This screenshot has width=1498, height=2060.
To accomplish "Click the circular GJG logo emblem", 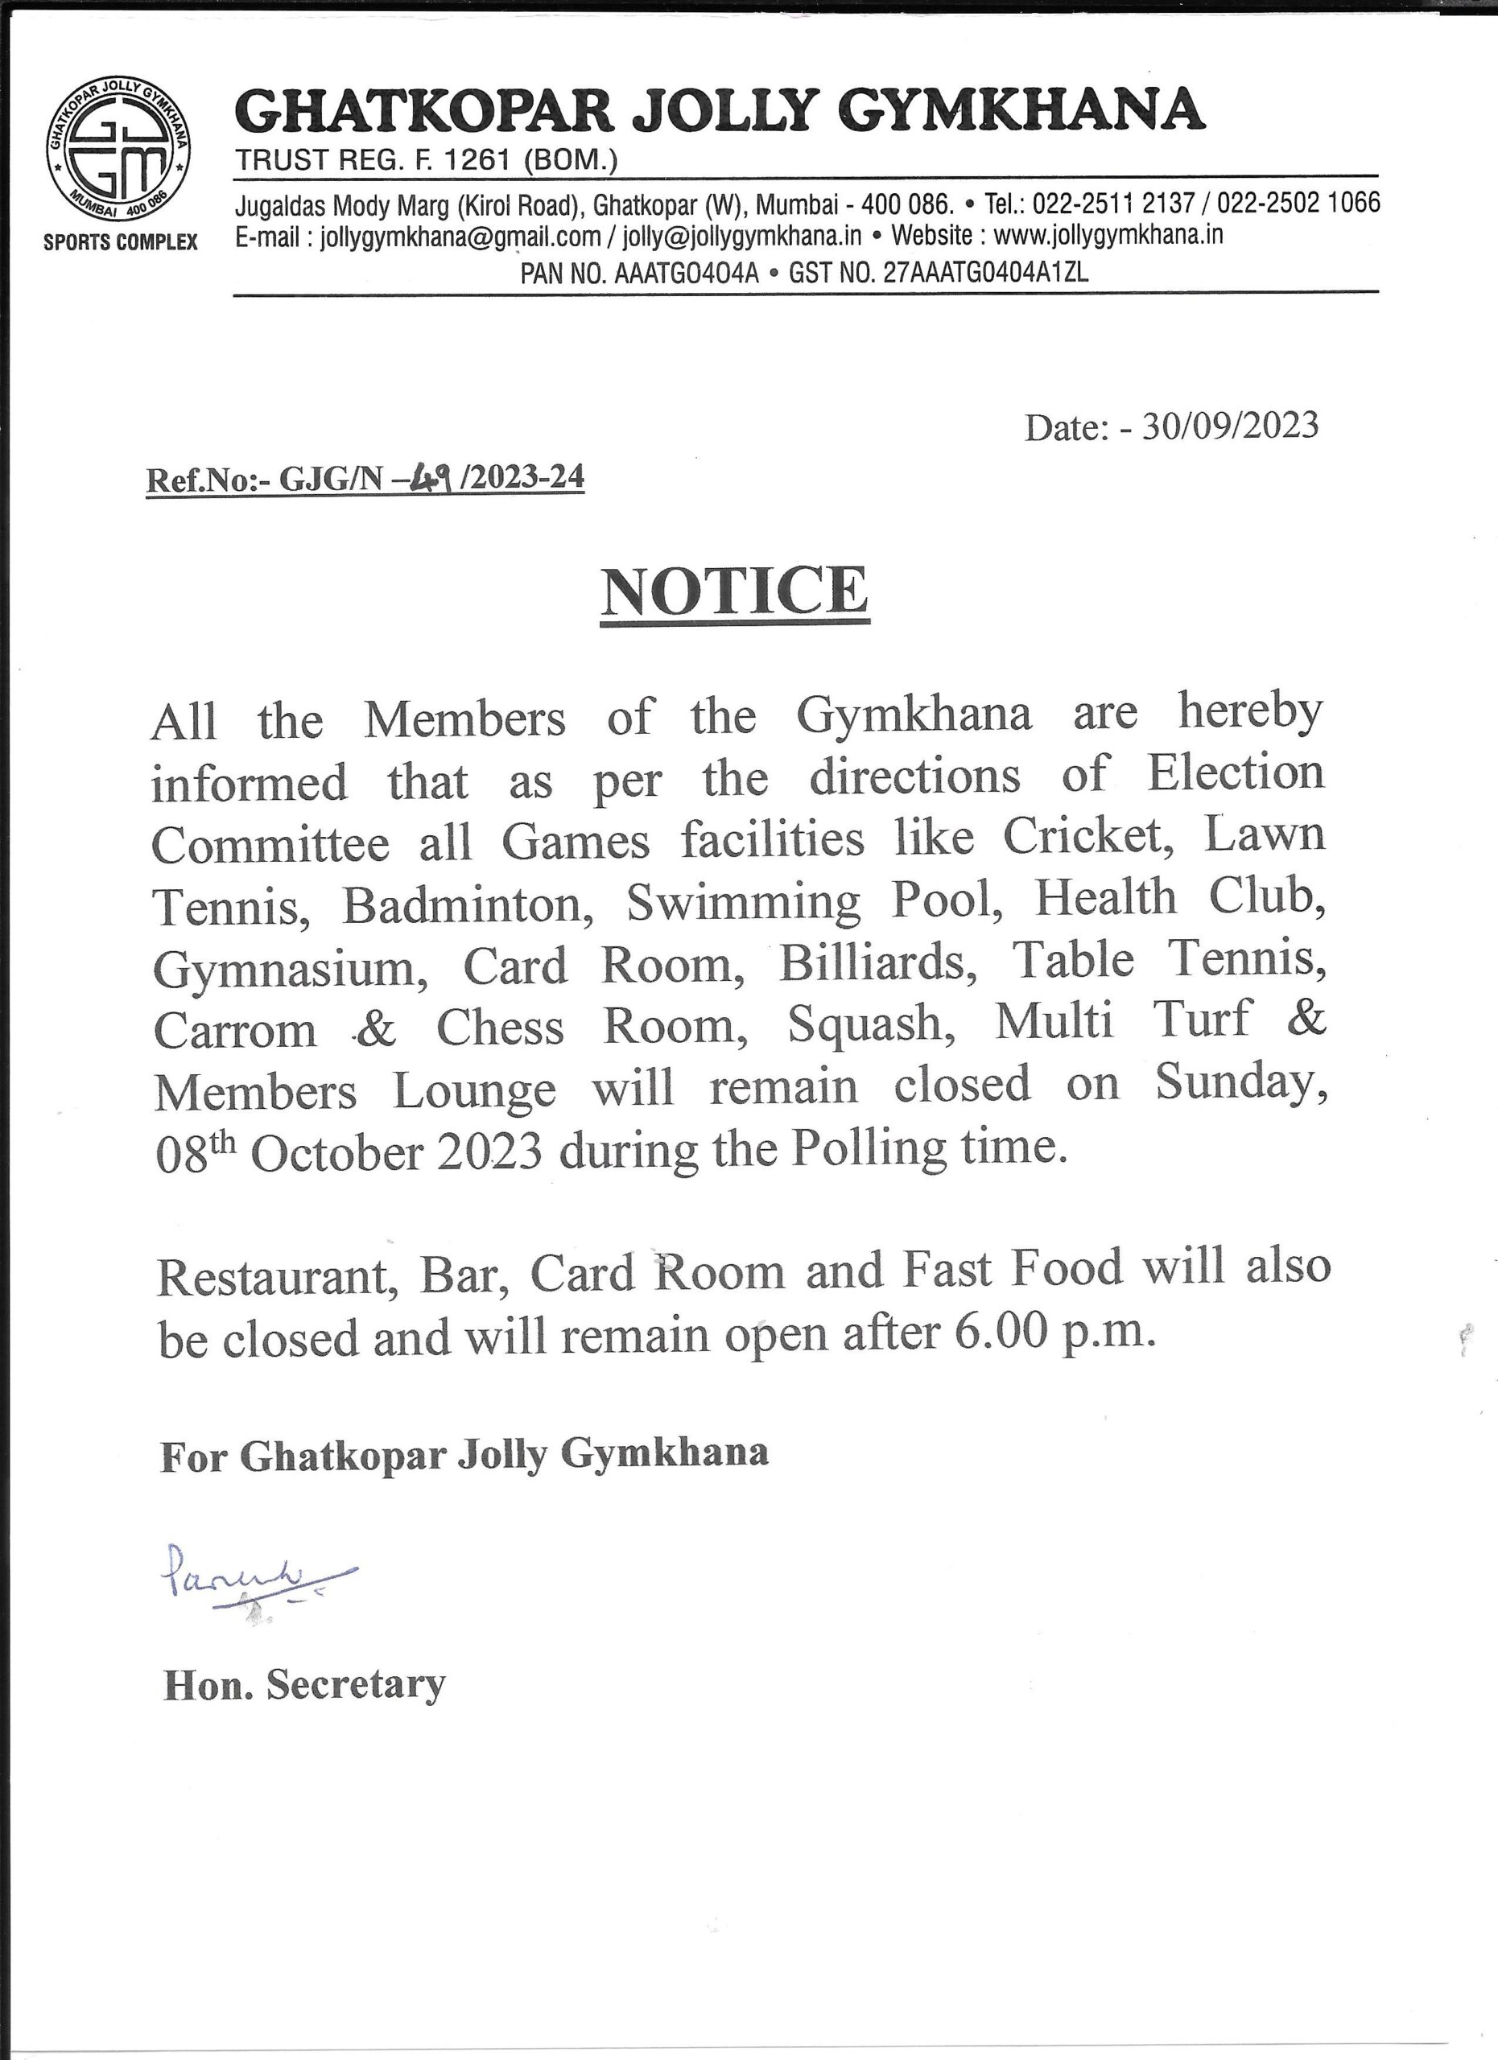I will pyautogui.click(x=118, y=152).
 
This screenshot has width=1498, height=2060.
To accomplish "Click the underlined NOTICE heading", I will pyautogui.click(x=735, y=591).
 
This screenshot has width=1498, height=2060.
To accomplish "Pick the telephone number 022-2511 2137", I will pyautogui.click(x=1114, y=203).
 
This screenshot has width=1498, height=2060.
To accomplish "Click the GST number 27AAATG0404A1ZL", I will pyautogui.click(x=984, y=273).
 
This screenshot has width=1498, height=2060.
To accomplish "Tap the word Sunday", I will pyautogui.click(x=1240, y=1084).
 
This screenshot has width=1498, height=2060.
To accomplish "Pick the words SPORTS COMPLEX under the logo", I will pyautogui.click(x=120, y=242).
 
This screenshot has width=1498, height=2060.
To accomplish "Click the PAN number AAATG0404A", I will pyautogui.click(x=686, y=273).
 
